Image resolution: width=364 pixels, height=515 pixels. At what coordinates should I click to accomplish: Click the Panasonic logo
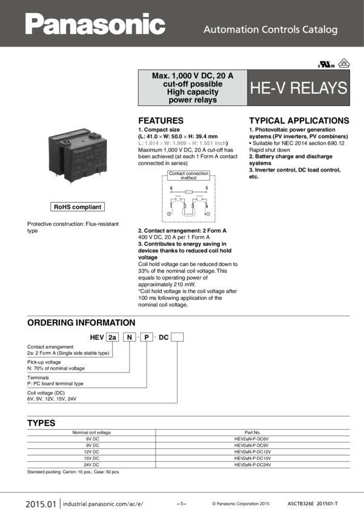point(95,25)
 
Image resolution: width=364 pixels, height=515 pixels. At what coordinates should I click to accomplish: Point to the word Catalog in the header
point(321,29)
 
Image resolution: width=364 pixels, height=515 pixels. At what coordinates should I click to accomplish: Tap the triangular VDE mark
point(343,62)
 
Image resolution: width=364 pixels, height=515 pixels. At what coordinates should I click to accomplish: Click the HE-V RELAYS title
point(299,88)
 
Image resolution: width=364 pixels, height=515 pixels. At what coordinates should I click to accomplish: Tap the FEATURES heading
point(161,121)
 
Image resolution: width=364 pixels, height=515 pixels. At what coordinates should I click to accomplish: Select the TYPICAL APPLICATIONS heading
point(299,121)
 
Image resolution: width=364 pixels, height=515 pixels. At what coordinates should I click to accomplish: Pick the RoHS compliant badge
point(78,207)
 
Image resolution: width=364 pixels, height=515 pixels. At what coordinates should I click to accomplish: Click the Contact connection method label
point(188,176)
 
